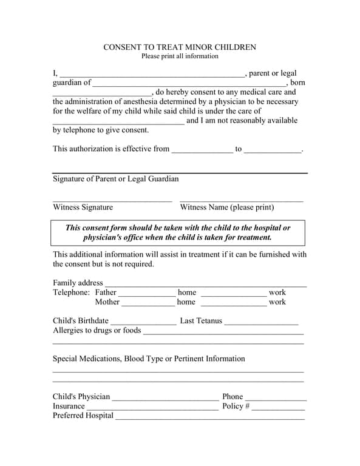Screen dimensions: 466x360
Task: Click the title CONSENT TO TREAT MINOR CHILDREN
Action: pos(180,47)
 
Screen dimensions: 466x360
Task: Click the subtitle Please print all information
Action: pos(180,56)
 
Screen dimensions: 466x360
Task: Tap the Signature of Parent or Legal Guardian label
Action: pos(116,179)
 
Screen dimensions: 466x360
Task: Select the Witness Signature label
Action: pos(83,208)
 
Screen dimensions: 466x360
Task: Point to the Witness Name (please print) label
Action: pos(227,208)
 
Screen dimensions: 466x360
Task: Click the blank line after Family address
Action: pos(206,283)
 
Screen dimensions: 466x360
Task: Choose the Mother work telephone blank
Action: pos(234,303)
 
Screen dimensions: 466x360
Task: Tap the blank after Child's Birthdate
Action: pos(143,322)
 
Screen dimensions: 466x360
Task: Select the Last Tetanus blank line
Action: pos(262,322)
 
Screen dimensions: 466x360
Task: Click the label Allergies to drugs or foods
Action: pos(97,331)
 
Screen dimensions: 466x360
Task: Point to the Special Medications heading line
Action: pos(149,359)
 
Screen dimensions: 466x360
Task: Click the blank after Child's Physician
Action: pos(165,397)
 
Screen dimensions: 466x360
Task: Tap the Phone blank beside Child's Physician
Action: pos(276,397)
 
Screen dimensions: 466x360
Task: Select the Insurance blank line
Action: pos(152,407)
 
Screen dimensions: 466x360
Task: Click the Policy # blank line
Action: pos(279,407)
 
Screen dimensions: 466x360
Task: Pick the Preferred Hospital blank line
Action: pos(210,416)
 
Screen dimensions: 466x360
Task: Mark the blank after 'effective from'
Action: pos(202,150)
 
